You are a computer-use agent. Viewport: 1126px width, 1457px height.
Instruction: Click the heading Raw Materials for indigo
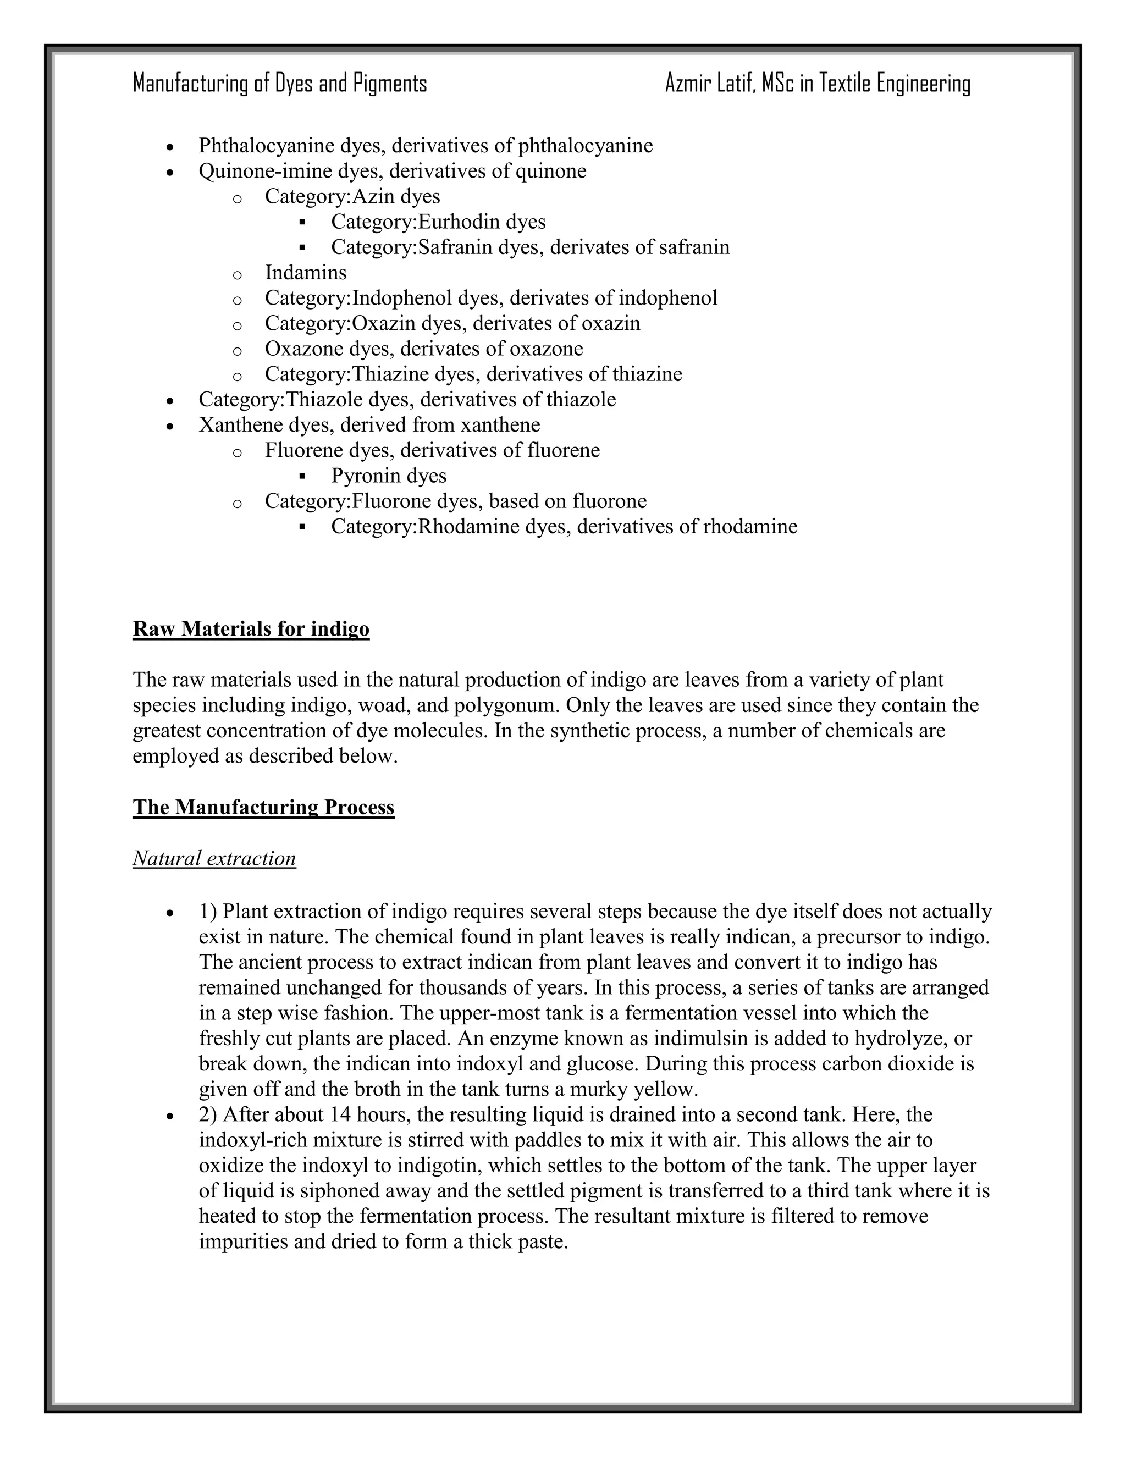point(251,628)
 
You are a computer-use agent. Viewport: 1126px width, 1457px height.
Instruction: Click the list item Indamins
point(306,272)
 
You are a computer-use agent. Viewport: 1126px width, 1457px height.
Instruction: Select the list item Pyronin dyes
point(388,476)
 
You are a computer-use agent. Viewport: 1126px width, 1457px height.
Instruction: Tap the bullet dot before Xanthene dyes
point(171,426)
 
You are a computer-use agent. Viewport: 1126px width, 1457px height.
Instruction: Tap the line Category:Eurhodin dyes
point(438,222)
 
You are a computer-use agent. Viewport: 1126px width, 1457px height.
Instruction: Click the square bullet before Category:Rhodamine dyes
point(303,527)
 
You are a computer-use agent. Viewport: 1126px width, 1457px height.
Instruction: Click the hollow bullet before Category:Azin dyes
point(237,197)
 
